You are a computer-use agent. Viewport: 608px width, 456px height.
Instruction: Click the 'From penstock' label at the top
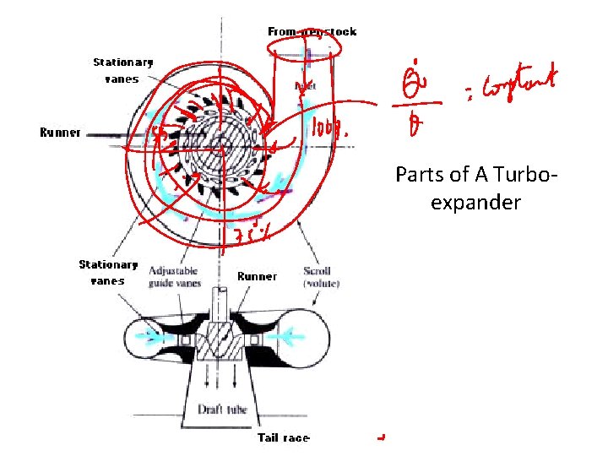click(312, 32)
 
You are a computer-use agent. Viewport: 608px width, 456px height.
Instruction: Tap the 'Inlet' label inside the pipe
click(305, 85)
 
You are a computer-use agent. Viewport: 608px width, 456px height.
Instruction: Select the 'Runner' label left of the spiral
click(60, 133)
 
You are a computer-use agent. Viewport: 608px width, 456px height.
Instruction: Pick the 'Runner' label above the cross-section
click(257, 276)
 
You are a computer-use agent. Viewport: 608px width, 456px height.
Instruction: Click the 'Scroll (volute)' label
click(321, 277)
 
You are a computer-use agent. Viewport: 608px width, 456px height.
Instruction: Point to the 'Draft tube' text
click(222, 409)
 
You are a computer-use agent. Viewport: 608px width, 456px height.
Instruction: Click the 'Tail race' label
click(283, 437)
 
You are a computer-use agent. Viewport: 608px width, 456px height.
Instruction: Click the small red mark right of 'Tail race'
click(383, 437)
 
